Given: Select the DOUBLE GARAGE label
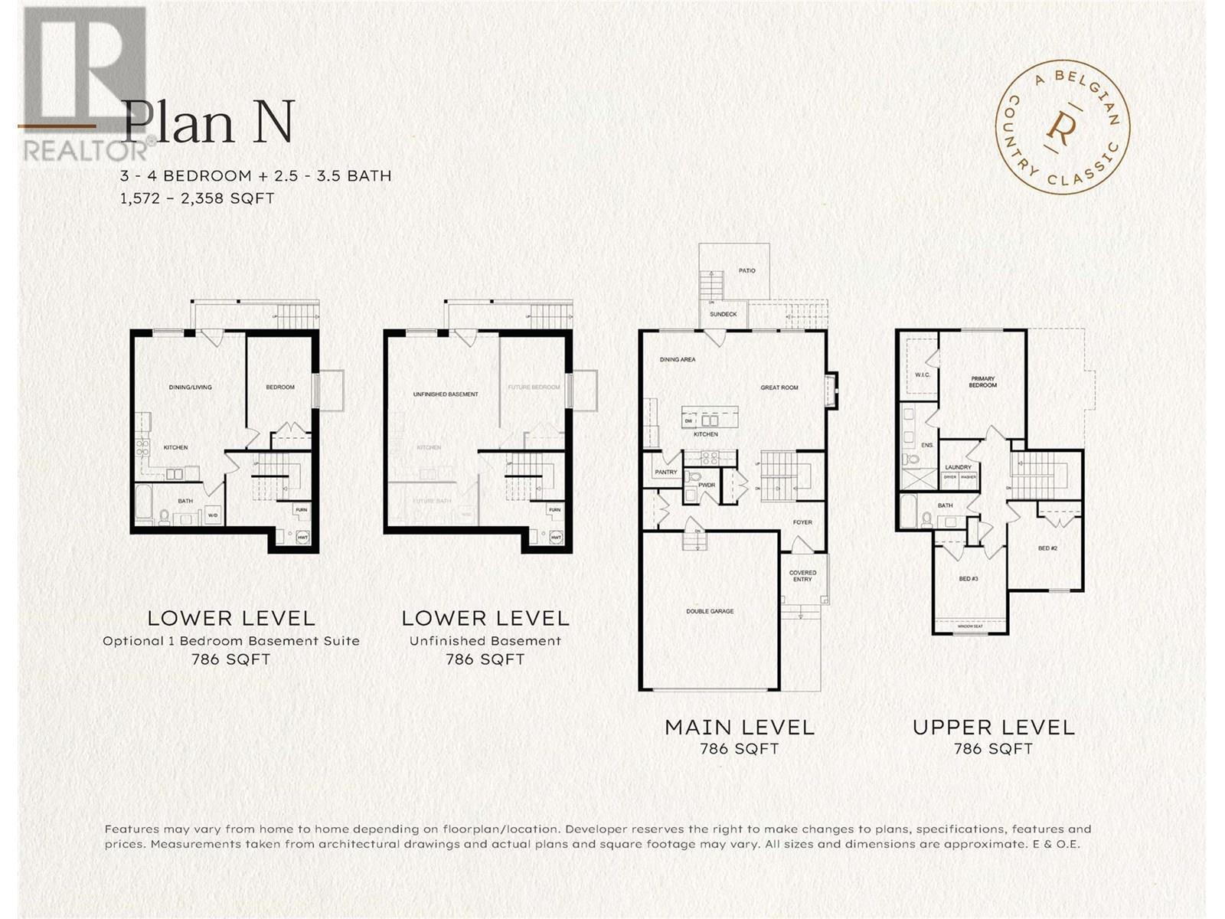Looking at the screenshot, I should click(x=710, y=611).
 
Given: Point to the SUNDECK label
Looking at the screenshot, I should click(x=723, y=314).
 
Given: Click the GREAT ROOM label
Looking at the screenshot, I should click(x=779, y=388).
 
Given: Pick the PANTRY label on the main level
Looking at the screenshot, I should click(x=665, y=472).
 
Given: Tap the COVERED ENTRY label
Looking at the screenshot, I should click(x=802, y=576).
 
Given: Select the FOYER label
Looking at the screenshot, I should click(x=802, y=522).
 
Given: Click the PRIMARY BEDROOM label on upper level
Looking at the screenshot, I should click(x=982, y=381).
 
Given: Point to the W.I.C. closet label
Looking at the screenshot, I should click(x=922, y=374).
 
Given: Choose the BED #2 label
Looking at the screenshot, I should click(x=1047, y=548).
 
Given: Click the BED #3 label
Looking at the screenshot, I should click(x=968, y=578).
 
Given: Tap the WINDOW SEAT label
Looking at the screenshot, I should click(x=969, y=626).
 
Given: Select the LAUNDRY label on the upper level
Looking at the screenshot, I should click(x=958, y=467).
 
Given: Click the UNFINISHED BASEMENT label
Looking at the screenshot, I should click(x=446, y=394).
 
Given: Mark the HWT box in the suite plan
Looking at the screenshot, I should click(x=302, y=538).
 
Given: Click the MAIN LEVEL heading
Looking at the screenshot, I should click(x=739, y=727).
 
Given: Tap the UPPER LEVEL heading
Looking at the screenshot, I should click(x=993, y=727).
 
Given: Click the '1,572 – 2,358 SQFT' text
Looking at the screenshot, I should click(x=197, y=198).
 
